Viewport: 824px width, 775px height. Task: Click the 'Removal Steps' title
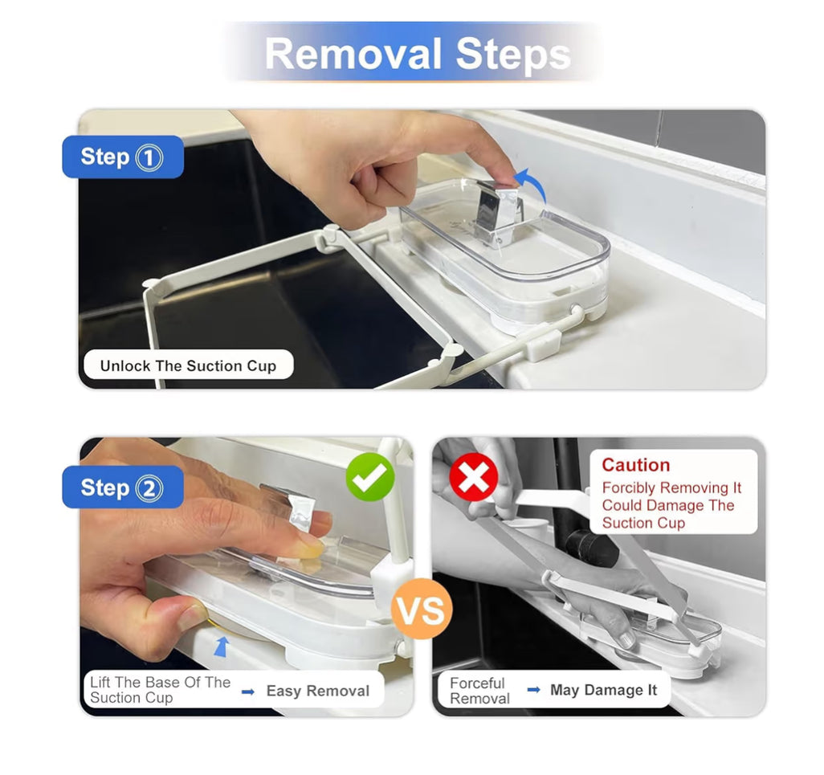pyautogui.click(x=417, y=54)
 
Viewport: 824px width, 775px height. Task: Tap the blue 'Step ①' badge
pyautogui.click(x=122, y=157)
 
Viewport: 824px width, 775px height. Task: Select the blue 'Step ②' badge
pyautogui.click(x=122, y=487)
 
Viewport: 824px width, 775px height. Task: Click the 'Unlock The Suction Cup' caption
pyautogui.click(x=188, y=366)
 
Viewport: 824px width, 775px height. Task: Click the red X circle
pyautogui.click(x=473, y=477)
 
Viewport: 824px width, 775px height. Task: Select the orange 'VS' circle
pyautogui.click(x=421, y=611)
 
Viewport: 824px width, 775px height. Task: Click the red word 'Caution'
pyautogui.click(x=635, y=465)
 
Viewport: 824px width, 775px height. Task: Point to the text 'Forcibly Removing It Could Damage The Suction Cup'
pyautogui.click(x=671, y=505)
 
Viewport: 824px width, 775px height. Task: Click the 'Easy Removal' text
pyautogui.click(x=317, y=691)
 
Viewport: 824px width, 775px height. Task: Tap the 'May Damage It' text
pyautogui.click(x=603, y=691)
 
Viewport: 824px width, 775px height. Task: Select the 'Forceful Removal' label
pyautogui.click(x=479, y=691)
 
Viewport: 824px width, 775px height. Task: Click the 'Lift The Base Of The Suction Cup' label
pyautogui.click(x=160, y=690)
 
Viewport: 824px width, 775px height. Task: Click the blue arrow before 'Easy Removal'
pyautogui.click(x=248, y=691)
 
